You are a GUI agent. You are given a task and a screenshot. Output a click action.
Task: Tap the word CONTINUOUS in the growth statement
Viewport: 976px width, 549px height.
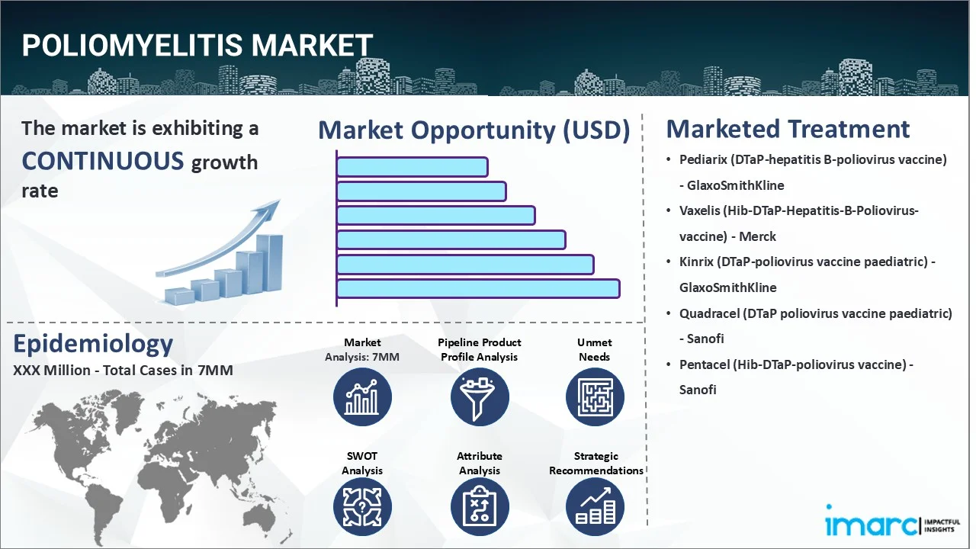(103, 161)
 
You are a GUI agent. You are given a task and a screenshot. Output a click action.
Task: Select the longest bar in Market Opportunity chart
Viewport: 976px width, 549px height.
(478, 288)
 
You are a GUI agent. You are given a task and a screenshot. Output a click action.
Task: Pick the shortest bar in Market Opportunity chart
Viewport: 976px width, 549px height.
(412, 167)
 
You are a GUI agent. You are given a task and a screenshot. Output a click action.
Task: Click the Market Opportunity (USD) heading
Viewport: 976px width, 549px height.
(474, 130)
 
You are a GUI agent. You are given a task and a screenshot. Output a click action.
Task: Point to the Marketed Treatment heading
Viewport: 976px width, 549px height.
(788, 129)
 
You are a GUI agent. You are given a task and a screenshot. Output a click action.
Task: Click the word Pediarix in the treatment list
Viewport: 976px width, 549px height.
(702, 159)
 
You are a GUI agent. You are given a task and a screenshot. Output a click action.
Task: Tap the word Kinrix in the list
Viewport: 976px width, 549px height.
(697, 262)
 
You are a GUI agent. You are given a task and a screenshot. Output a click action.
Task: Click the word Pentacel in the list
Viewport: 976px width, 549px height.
(704, 364)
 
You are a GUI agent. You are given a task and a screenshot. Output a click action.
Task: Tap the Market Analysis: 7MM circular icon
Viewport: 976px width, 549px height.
(362, 397)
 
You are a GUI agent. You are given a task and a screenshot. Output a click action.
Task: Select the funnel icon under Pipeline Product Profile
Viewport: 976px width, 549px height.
(479, 397)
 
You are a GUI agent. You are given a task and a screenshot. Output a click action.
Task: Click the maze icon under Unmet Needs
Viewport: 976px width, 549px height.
(595, 397)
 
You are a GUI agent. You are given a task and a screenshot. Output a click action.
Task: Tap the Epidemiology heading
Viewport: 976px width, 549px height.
(93, 345)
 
